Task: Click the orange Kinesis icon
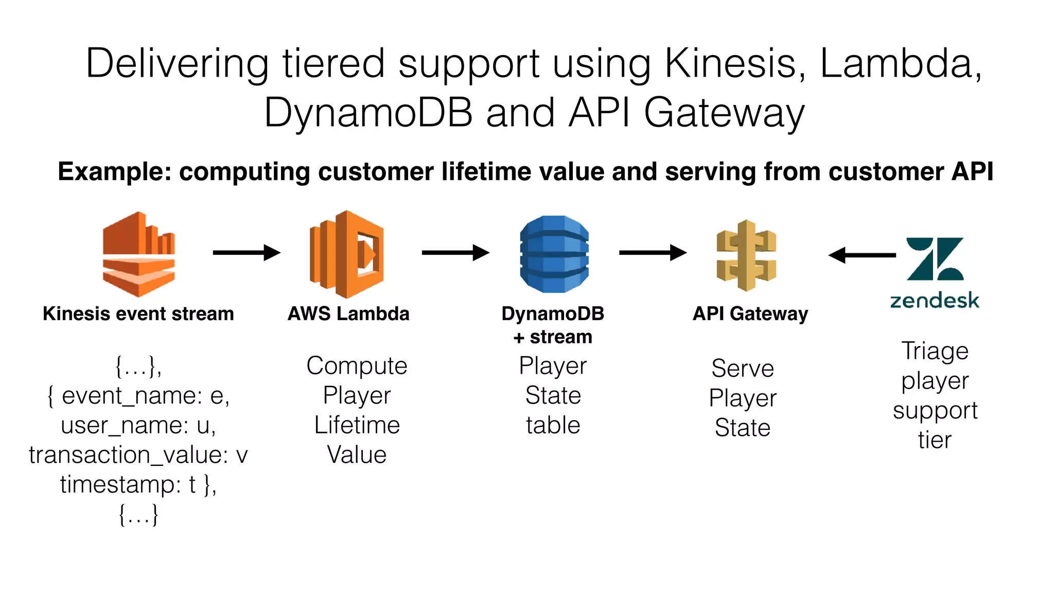pyautogui.click(x=138, y=254)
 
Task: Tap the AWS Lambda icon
pyautogui.click(x=347, y=254)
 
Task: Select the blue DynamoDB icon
pyautogui.click(x=554, y=254)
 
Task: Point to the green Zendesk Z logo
pyautogui.click(x=935, y=259)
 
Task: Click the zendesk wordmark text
pyautogui.click(x=935, y=300)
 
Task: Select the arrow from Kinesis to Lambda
pyautogui.click(x=246, y=253)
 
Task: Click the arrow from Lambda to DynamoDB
pyautogui.click(x=455, y=253)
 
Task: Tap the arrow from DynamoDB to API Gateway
pyautogui.click(x=653, y=253)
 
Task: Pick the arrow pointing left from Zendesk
pyautogui.click(x=862, y=255)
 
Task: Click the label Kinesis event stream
pyautogui.click(x=138, y=313)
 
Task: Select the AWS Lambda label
pyautogui.click(x=348, y=313)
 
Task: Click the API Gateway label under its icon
pyautogui.click(x=750, y=313)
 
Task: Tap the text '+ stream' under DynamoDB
pyautogui.click(x=553, y=337)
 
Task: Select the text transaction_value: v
pyautogui.click(x=138, y=455)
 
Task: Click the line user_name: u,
pyautogui.click(x=138, y=426)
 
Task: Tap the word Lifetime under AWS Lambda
pyautogui.click(x=357, y=426)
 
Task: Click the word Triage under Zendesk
pyautogui.click(x=935, y=351)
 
